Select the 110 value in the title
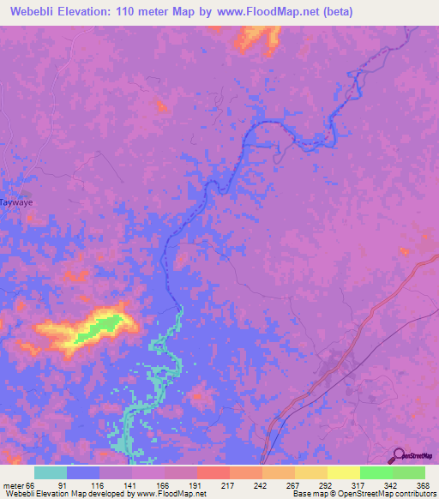click(x=141, y=12)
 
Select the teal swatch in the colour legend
click(x=51, y=472)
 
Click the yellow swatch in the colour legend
click(x=343, y=472)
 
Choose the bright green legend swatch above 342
click(x=376, y=472)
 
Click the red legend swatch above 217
click(x=213, y=472)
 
